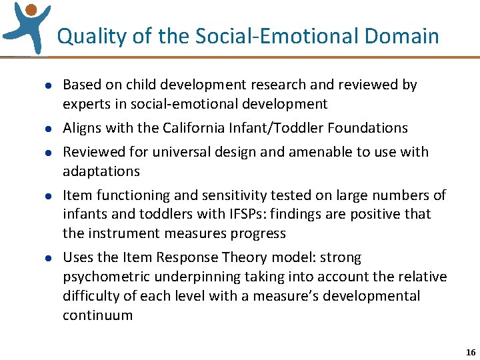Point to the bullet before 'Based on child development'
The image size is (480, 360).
[39, 85]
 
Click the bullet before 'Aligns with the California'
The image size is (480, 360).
[39, 129]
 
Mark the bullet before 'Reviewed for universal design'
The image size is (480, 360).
[39, 153]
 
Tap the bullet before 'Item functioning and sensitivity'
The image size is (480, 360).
[39, 196]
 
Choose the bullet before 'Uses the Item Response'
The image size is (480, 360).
[39, 258]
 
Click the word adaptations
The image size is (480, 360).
[101, 171]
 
